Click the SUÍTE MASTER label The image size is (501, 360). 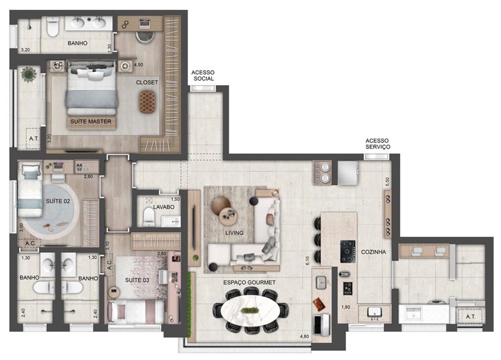[91, 121]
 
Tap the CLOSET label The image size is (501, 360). [147, 82]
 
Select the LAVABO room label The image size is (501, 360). [164, 207]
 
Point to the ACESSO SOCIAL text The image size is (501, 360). [203, 75]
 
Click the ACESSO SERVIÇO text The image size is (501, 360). [378, 143]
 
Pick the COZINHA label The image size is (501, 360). [373, 252]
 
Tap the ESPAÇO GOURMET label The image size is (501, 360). [249, 282]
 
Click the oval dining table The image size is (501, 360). [250, 310]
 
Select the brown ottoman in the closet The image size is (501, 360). [147, 101]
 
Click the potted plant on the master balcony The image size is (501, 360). [29, 74]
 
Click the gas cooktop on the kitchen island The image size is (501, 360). [348, 251]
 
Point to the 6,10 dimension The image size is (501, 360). [308, 261]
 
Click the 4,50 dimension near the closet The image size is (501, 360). [139, 65]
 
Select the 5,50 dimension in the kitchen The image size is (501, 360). [388, 182]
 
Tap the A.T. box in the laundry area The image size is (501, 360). [470, 316]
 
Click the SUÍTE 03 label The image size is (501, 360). [137, 280]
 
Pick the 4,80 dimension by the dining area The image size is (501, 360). [305, 337]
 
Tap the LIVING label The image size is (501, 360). [234, 233]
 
